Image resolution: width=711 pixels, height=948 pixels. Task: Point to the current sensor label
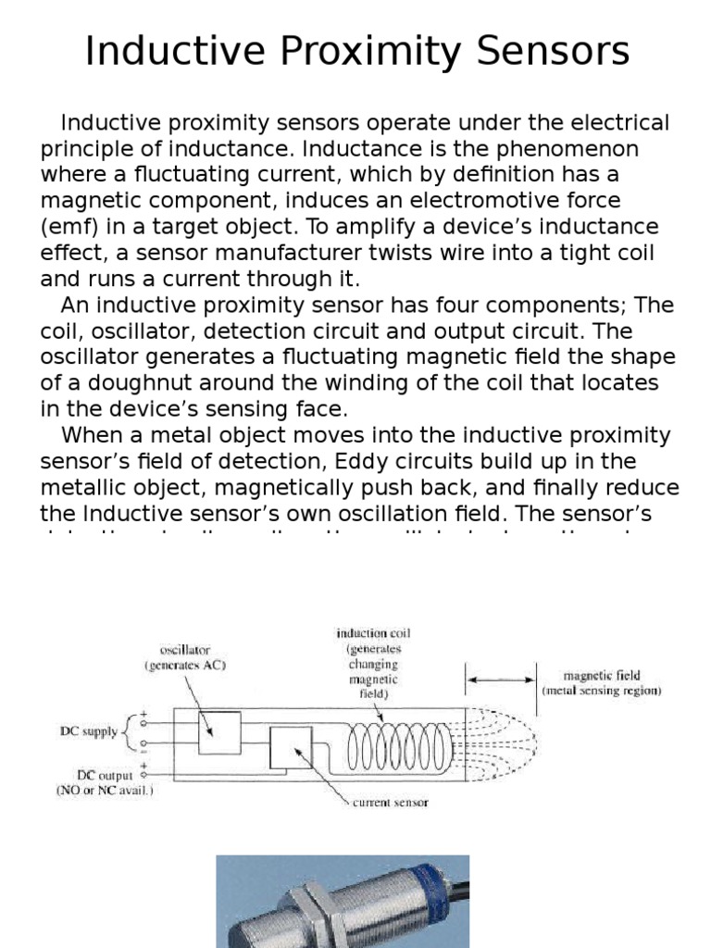[390, 803]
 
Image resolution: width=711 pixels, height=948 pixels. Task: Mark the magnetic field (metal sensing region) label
[603, 683]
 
